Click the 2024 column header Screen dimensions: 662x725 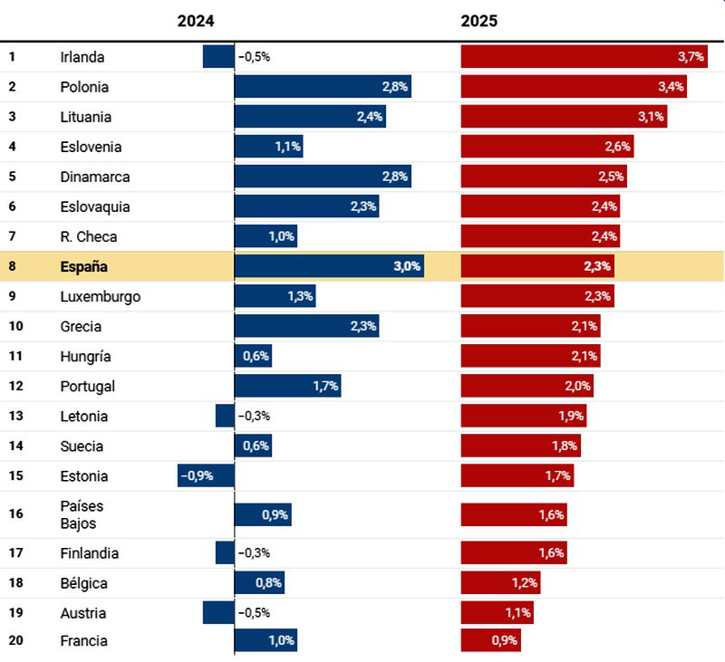tap(197, 20)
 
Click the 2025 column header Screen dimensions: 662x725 tap(479, 20)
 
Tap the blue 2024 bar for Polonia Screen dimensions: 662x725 tap(322, 87)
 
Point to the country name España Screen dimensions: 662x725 tap(84, 266)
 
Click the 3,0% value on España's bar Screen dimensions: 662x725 tap(407, 266)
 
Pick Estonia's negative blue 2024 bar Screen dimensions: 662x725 tap(206, 475)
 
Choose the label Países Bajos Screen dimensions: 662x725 tap(78, 514)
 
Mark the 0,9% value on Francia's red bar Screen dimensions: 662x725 tap(505, 640)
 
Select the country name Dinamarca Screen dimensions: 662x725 tap(95, 177)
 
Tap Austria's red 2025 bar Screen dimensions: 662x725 tap(497, 612)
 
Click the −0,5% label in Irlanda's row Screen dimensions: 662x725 tap(254, 56)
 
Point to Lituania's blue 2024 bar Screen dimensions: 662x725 tap(310, 117)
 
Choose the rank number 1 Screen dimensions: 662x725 tap(13, 56)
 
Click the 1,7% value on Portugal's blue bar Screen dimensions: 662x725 tap(325, 386)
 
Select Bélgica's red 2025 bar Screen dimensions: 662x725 tap(500, 582)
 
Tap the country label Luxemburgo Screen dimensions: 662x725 tap(101, 296)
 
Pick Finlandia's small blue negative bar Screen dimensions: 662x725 tap(225, 552)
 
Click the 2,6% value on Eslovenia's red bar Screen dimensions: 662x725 tap(618, 147)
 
